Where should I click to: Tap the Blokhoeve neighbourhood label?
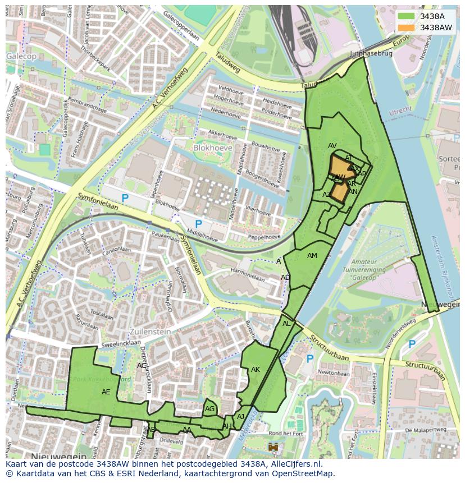(x=212, y=147)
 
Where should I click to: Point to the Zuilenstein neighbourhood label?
(x=151, y=332)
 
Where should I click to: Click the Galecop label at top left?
(x=21, y=57)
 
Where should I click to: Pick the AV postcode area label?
(x=332, y=146)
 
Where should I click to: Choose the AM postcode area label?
(x=312, y=256)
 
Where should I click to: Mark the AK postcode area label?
(x=256, y=370)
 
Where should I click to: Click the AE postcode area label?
(x=106, y=392)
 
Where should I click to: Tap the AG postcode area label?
(x=209, y=409)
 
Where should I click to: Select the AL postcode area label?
(x=286, y=324)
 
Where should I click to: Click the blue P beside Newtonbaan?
(x=309, y=358)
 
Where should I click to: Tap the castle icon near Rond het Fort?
(x=273, y=447)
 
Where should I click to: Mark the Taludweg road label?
(x=227, y=63)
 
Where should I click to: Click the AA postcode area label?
(x=187, y=430)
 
